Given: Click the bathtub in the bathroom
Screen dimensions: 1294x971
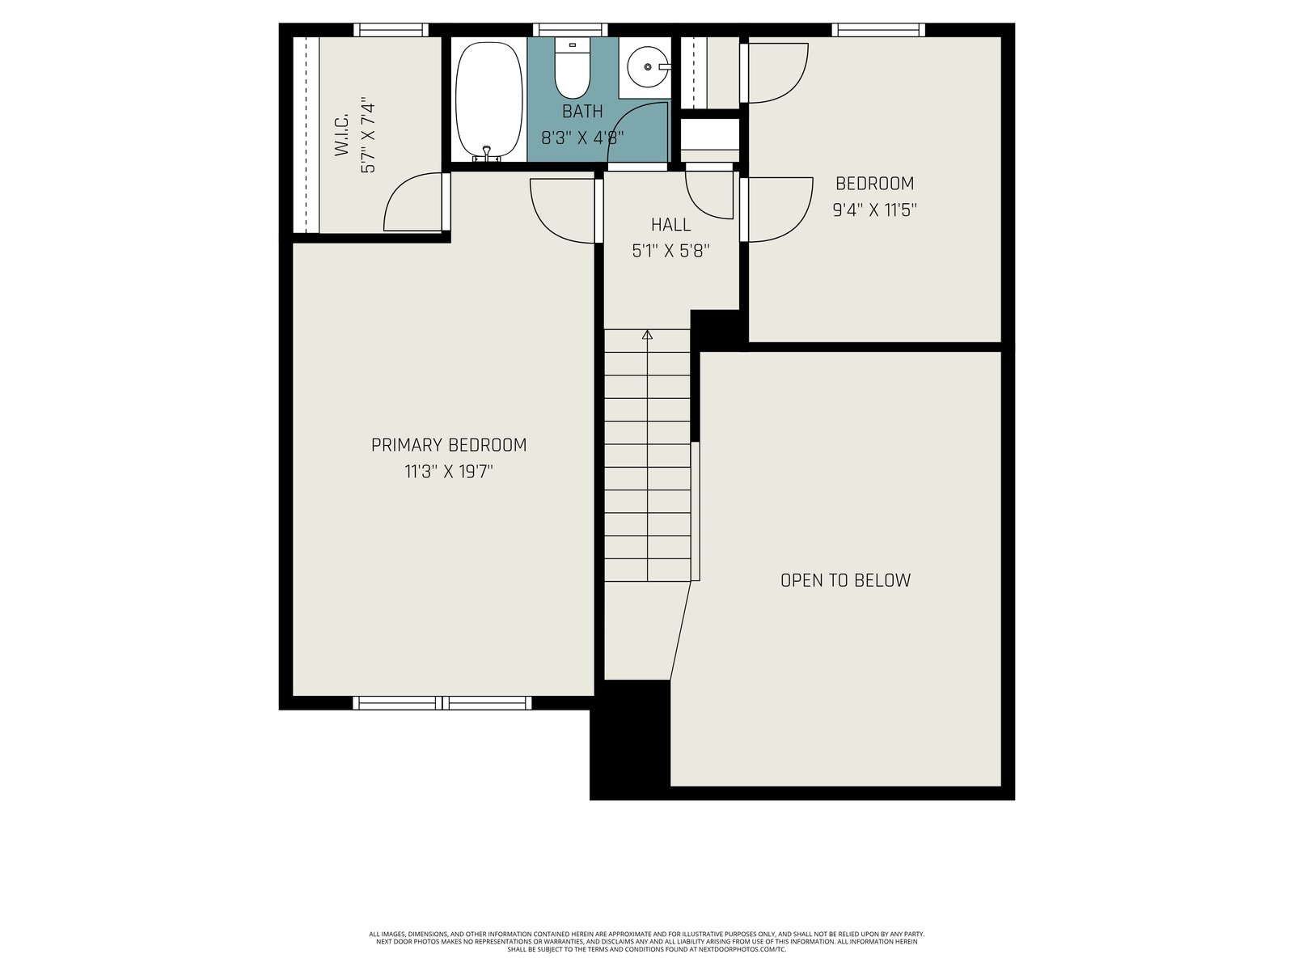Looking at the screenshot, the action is click(488, 101).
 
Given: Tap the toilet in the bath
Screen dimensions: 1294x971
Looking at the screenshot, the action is click(572, 69).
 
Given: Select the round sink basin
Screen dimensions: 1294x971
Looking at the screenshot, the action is click(647, 67).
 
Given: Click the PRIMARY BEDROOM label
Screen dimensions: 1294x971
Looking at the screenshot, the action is click(449, 445).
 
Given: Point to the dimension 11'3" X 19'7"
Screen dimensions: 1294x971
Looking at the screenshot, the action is click(449, 472).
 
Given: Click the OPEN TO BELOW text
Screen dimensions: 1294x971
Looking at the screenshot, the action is click(845, 580).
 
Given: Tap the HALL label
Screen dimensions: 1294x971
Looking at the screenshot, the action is click(671, 225).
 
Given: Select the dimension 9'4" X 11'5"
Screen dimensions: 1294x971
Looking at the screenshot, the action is click(875, 210).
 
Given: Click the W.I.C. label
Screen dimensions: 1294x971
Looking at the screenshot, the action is click(342, 135).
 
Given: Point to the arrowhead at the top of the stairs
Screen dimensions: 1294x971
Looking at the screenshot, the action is click(647, 334).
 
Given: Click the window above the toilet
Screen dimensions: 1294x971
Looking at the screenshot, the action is click(570, 30).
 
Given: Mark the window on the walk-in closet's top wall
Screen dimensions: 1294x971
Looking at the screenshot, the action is click(391, 30).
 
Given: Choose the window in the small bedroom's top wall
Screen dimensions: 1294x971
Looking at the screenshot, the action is click(878, 30).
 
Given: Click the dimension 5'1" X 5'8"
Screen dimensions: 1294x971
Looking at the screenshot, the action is click(671, 251).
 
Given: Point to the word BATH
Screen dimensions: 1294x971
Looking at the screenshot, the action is click(582, 112).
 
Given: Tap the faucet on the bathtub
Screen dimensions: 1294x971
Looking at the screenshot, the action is click(487, 153).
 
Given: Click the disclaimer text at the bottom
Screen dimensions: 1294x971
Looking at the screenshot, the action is click(647, 942).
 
